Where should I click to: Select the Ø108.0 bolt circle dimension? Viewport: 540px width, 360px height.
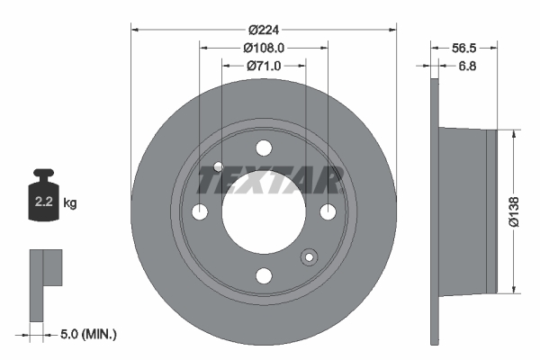[263, 47]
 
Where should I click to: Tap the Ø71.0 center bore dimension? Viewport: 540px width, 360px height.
[263, 65]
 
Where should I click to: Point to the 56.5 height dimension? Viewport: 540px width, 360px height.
[463, 47]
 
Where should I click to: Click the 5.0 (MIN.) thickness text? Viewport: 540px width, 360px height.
[89, 335]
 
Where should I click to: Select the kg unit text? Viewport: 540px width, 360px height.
[70, 203]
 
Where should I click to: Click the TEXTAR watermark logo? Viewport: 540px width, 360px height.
[270, 181]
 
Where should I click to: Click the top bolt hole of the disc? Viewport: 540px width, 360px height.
[264, 148]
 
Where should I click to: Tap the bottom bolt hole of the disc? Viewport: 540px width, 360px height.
[264, 275]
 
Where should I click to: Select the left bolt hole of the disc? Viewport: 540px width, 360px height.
[200, 211]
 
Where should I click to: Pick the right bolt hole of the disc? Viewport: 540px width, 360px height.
[328, 211]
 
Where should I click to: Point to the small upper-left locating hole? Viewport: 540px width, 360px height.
[220, 166]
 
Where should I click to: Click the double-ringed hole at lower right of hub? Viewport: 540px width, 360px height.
[309, 258]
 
